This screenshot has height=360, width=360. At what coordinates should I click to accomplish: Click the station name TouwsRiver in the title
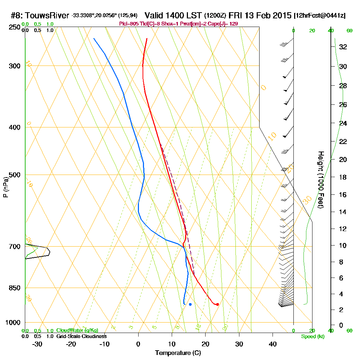(x=48, y=15)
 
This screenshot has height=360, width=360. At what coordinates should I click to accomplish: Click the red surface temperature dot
(x=217, y=305)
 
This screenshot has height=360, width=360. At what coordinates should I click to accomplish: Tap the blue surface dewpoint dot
(x=190, y=305)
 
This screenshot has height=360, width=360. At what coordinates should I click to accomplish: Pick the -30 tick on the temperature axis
(x=37, y=344)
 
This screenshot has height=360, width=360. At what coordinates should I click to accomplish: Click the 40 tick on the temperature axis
(x=273, y=344)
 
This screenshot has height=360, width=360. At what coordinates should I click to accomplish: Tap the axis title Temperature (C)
(x=178, y=353)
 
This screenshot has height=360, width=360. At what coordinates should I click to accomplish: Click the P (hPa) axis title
(x=5, y=187)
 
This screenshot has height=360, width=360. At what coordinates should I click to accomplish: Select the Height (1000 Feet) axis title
(x=320, y=180)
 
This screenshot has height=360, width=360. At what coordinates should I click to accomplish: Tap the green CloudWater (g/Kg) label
(x=77, y=330)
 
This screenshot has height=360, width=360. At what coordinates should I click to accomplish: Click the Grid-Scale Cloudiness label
(x=81, y=336)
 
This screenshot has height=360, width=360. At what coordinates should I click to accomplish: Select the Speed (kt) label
(x=312, y=337)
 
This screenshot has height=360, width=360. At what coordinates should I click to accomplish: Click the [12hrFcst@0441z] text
(x=320, y=15)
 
